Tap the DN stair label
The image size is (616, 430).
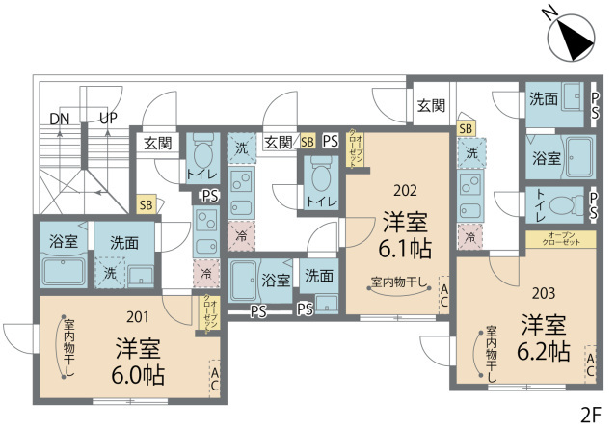(x=61, y=119)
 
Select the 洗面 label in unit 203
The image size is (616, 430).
(x=543, y=98)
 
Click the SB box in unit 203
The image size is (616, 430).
(x=466, y=129)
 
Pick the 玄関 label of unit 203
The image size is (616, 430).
(x=431, y=105)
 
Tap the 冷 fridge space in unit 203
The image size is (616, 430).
(x=470, y=236)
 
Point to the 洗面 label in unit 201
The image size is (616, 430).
(x=122, y=242)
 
